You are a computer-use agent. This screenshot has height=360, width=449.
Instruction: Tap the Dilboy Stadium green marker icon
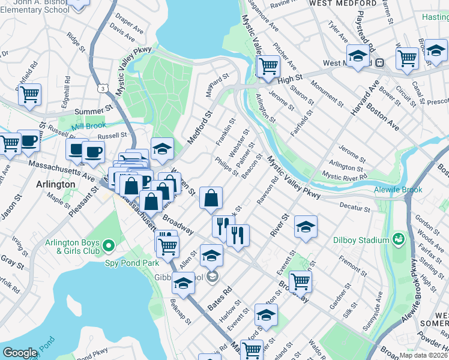pos(398,240)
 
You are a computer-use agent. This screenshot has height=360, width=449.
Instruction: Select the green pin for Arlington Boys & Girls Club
pos(109,245)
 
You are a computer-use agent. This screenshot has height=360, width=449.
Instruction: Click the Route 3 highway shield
pos(104,88)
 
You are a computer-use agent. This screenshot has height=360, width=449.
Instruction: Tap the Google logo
pos(20,353)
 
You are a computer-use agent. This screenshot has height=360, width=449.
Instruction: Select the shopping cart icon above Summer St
pos(29,94)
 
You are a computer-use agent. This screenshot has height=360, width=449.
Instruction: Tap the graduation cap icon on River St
pos(306,226)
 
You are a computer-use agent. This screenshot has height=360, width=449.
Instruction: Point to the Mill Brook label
pos(88,125)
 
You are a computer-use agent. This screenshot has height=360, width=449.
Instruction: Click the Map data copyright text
pos(423,355)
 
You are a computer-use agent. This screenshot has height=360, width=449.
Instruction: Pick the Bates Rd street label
pos(220,298)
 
